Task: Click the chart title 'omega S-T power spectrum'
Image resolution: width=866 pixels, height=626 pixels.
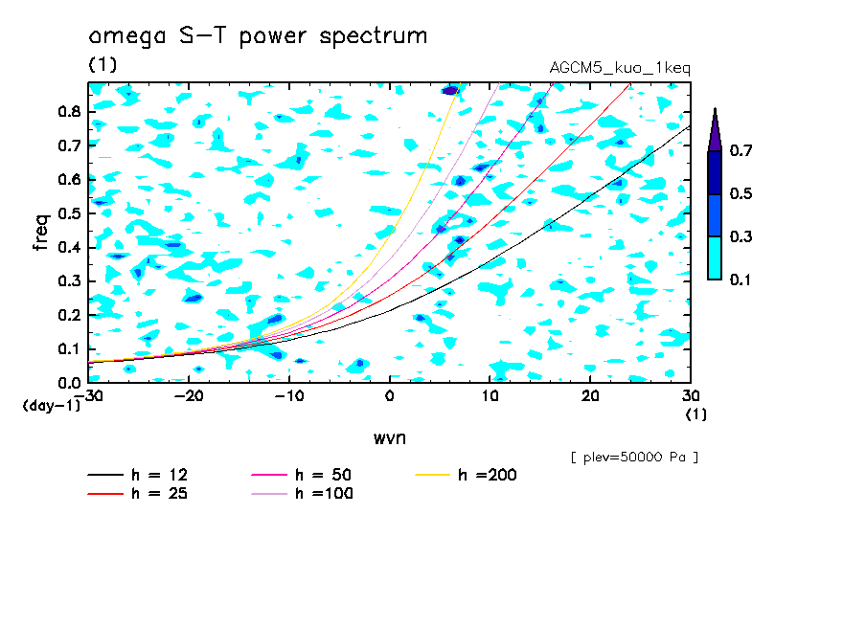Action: pyautogui.click(x=258, y=37)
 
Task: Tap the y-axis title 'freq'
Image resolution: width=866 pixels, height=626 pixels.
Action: pyautogui.click(x=41, y=233)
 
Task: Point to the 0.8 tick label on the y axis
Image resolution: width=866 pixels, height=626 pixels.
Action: pyautogui.click(x=67, y=111)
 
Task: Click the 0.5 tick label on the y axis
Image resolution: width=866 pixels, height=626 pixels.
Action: pyautogui.click(x=67, y=213)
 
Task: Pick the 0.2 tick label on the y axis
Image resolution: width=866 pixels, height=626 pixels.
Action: pyautogui.click(x=67, y=315)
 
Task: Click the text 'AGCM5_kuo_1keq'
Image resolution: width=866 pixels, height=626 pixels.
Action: pyautogui.click(x=620, y=68)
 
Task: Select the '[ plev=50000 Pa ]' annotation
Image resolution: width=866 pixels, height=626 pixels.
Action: pyautogui.click(x=634, y=458)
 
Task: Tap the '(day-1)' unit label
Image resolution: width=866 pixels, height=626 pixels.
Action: pyautogui.click(x=52, y=406)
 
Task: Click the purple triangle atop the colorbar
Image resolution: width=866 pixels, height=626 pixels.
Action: pyautogui.click(x=715, y=129)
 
